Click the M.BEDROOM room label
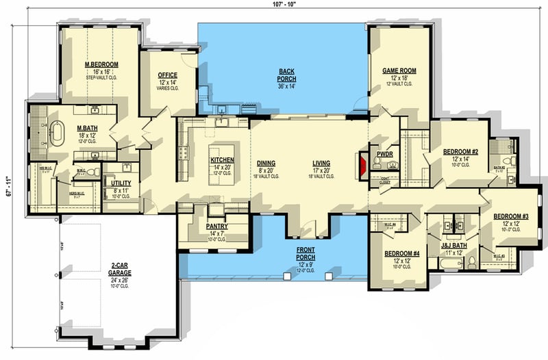click(x=101, y=64)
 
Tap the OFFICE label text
click(x=168, y=75)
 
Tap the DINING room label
click(x=266, y=164)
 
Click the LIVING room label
click(x=321, y=164)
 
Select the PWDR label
click(x=383, y=155)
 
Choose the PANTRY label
click(x=216, y=227)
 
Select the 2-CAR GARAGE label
click(x=119, y=271)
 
